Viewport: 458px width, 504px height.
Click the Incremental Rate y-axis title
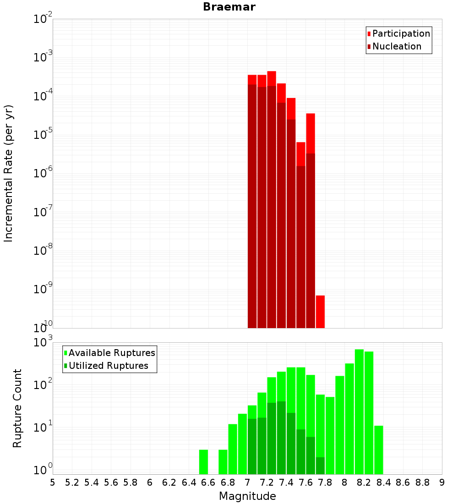9,173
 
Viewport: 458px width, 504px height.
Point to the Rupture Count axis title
17,408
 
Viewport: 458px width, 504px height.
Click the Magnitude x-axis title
247,496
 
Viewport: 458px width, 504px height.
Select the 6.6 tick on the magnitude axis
208,482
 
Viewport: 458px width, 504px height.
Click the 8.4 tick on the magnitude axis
383,482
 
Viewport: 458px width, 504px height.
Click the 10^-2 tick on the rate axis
44,19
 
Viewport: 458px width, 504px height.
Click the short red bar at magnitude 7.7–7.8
320,312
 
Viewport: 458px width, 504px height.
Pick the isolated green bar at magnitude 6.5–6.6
203,462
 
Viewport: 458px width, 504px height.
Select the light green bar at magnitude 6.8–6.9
233,449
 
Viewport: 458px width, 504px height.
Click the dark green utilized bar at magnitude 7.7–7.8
320,466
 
